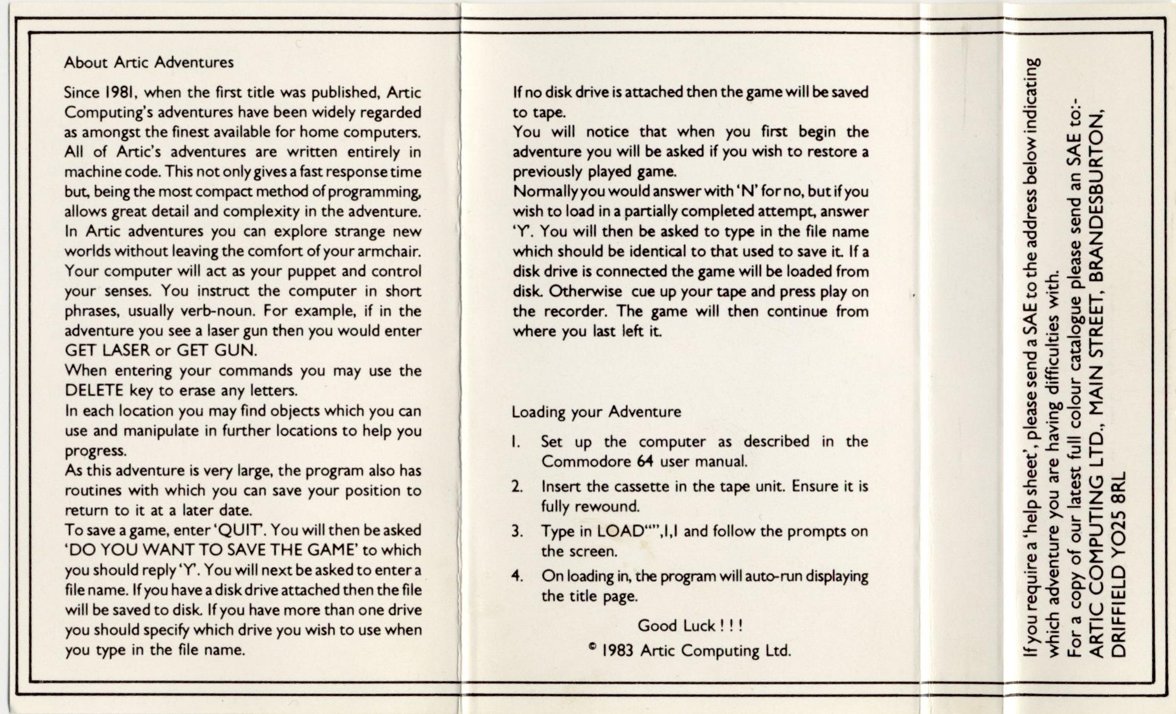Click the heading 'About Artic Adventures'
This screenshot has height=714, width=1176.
pos(148,62)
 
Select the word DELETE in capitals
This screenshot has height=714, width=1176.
pos(94,391)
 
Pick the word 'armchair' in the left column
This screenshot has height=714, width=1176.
pos(388,251)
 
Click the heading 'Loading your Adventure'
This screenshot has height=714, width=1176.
pos(596,412)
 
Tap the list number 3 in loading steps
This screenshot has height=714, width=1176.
pos(517,532)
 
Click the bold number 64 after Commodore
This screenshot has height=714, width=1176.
pos(645,462)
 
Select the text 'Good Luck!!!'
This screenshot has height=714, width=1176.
pos(690,625)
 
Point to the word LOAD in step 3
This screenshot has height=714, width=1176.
pos(620,531)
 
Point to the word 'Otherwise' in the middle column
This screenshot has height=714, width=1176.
pos(585,292)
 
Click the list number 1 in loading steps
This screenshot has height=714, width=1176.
pos(516,442)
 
